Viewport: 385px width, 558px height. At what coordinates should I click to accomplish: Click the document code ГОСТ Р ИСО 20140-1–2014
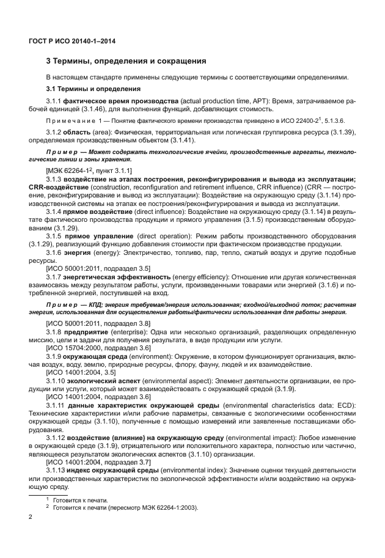pyautogui.click(x=73, y=41)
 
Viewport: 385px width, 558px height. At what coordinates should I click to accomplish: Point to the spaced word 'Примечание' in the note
pyautogui.click(x=70, y=120)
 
